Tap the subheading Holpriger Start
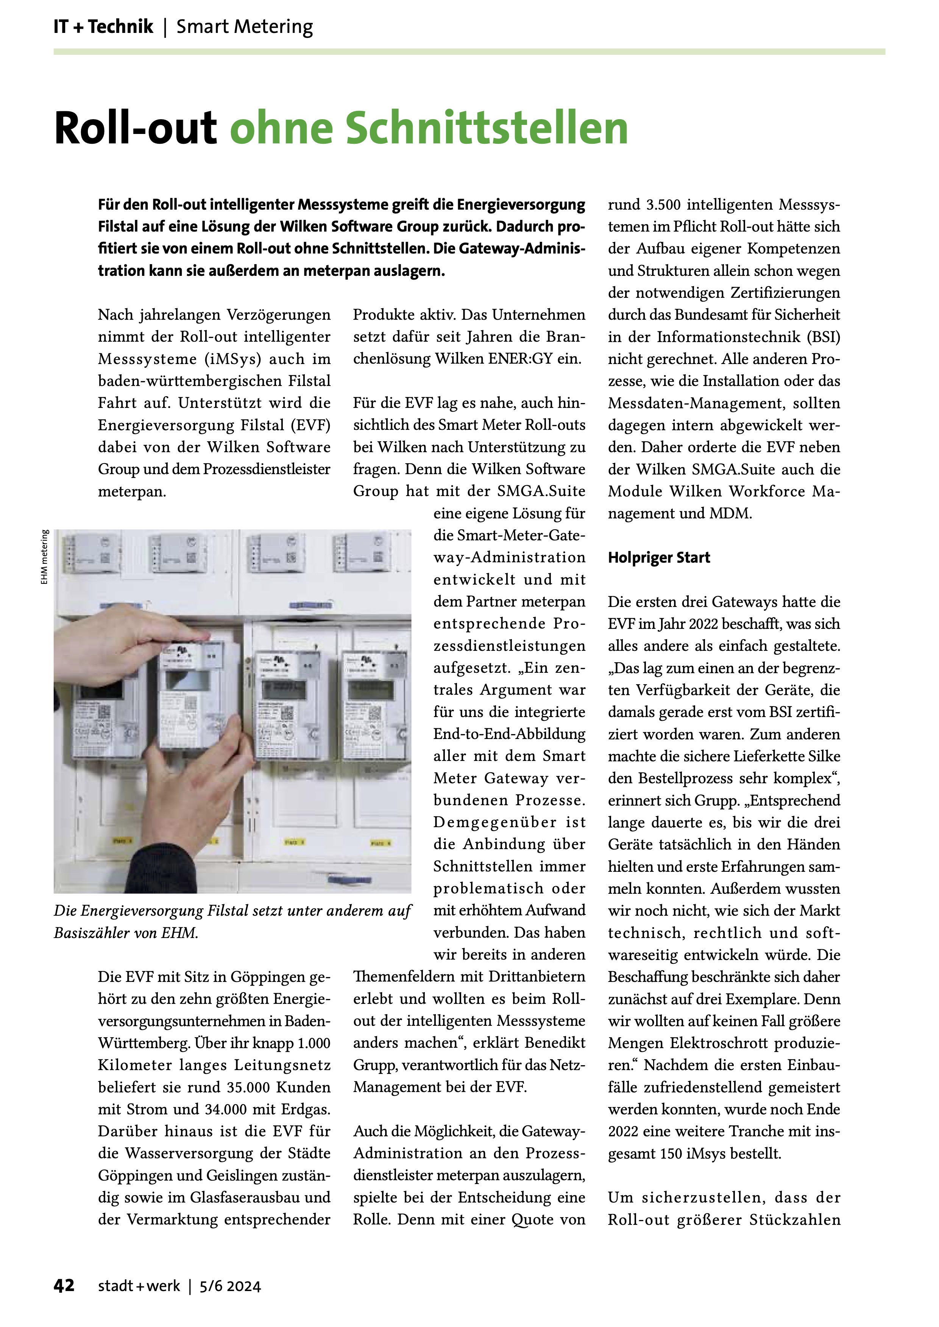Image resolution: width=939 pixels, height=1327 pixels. pyautogui.click(x=658, y=558)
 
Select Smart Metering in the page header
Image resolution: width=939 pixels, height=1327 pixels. pyautogui.click(x=245, y=27)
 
